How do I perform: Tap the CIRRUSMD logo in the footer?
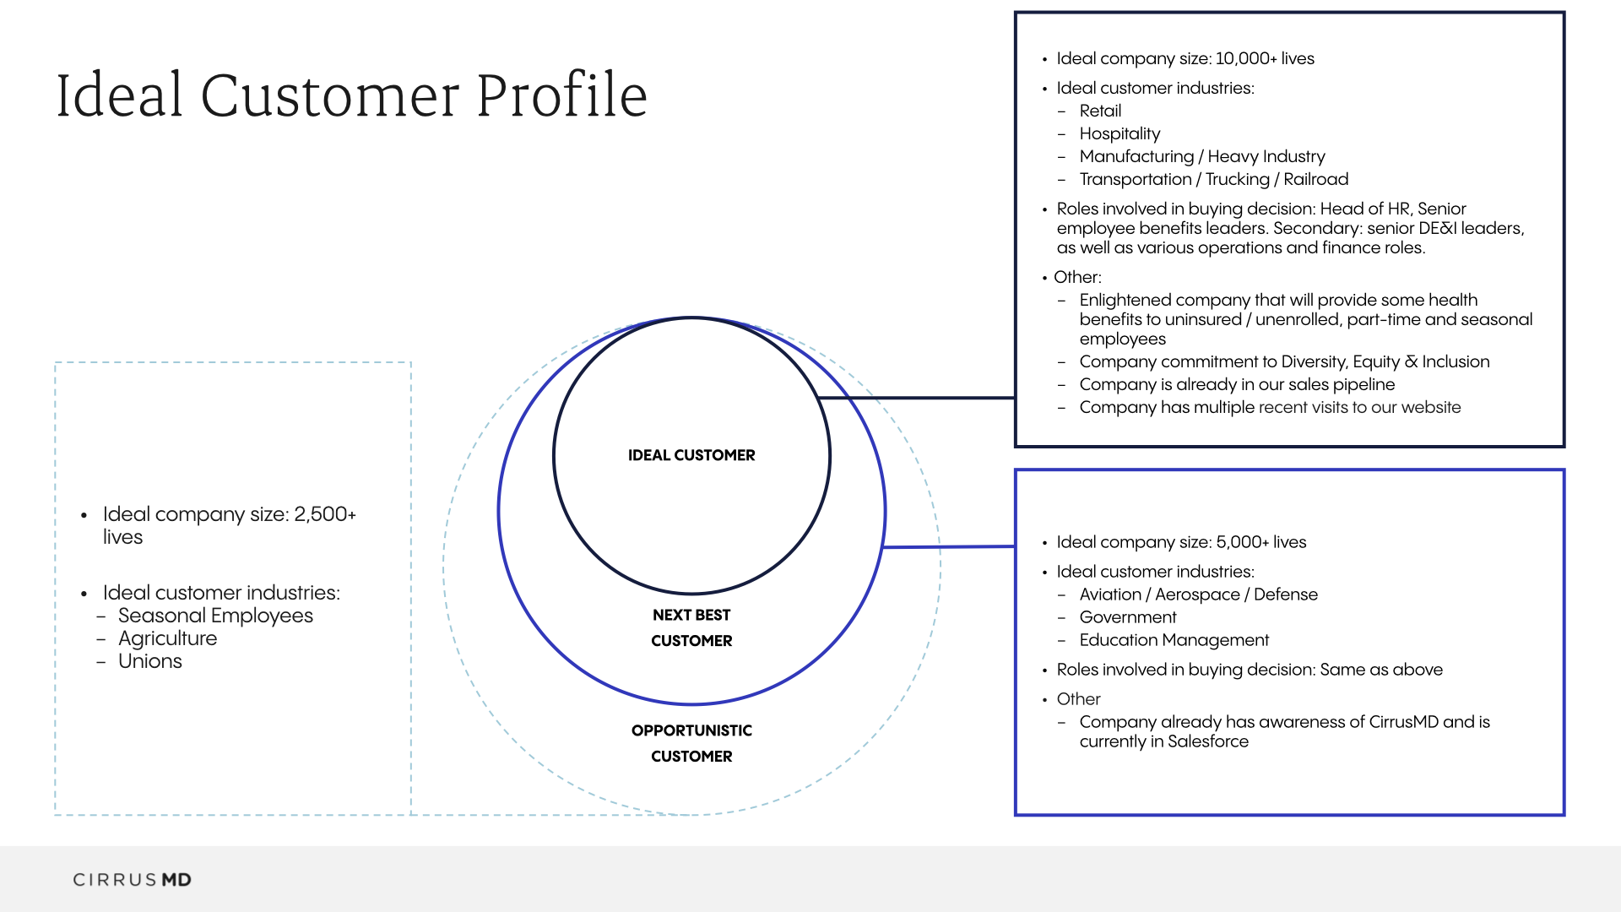[132, 880]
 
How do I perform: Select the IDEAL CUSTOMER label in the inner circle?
[691, 455]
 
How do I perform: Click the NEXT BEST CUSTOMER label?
[691, 627]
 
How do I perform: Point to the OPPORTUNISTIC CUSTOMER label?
[691, 743]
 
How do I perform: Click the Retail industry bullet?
[1100, 111]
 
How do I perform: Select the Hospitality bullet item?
[1120, 133]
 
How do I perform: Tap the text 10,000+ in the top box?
[1246, 58]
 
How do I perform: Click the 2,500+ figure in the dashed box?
[325, 514]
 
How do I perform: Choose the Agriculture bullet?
[167, 638]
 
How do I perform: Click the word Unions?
[150, 661]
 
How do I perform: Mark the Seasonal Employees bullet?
[215, 616]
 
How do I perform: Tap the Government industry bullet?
[1127, 617]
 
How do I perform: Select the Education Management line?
[1174, 640]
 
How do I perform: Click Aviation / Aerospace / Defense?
[1198, 594]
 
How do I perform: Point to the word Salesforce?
[1207, 741]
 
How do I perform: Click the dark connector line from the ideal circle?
[920, 398]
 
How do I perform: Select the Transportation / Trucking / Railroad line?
[1213, 179]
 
